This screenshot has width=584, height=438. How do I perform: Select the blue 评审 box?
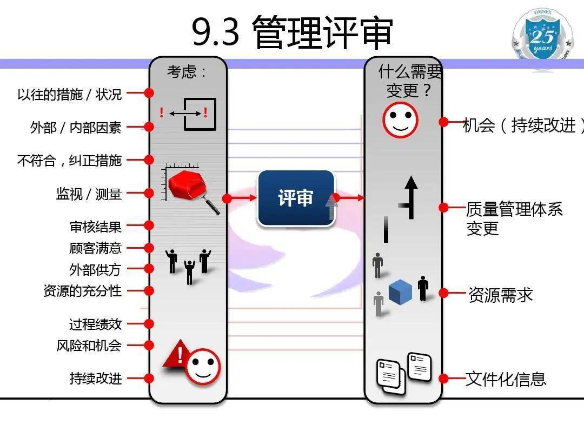click(296, 198)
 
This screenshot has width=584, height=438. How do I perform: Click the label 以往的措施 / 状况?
click(69, 94)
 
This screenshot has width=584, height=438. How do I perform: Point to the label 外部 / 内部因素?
click(76, 128)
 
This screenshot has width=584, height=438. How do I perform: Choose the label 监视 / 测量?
click(89, 194)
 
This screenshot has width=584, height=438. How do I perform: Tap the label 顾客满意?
click(95, 248)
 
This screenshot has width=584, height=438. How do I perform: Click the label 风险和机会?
click(89, 346)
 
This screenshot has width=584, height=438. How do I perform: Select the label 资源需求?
click(500, 295)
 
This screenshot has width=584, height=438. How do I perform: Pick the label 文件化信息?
click(506, 379)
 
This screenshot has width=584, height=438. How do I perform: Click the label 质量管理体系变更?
click(514, 218)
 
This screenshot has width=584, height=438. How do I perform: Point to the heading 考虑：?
click(187, 72)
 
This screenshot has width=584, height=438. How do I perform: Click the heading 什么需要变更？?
click(409, 81)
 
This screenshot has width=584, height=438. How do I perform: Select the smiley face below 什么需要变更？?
click(400, 120)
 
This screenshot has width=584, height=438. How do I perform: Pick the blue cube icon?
click(400, 292)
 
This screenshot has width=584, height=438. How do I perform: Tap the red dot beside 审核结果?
click(149, 225)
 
